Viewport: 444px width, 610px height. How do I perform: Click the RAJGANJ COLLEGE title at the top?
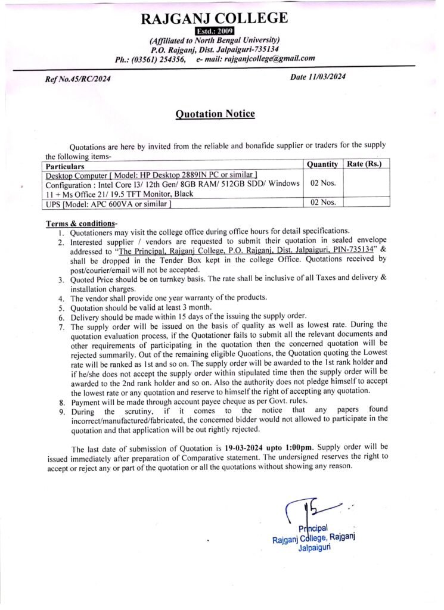[215, 18]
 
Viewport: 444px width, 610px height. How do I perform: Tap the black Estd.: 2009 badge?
[215, 31]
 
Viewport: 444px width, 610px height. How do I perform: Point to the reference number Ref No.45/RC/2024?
[78, 79]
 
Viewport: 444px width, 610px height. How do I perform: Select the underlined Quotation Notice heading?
[215, 114]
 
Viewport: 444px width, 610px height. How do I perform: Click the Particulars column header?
[66, 167]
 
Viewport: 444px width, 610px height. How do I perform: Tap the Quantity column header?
[322, 164]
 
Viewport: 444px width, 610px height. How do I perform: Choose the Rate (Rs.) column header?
[364, 164]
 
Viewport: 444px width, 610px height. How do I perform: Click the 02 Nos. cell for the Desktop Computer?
[322, 183]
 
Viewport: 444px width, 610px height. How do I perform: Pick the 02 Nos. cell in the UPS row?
[322, 203]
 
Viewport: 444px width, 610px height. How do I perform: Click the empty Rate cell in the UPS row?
[367, 203]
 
